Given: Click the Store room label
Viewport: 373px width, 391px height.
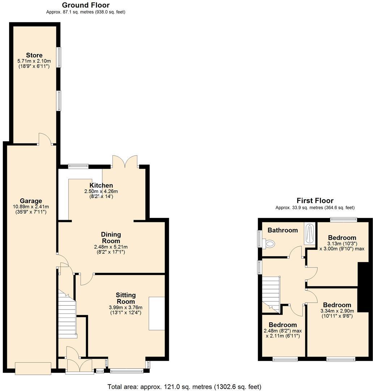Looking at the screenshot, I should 34,55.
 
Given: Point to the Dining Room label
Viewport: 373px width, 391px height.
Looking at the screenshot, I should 111,237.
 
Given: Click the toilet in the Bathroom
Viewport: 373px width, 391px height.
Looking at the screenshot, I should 269,244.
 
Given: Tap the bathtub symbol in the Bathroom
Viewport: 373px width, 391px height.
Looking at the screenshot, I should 309,234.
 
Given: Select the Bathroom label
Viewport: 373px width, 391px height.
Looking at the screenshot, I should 282,230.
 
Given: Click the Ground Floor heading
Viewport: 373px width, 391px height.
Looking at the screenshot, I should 86,5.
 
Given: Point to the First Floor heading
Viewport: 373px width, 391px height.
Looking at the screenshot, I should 315,201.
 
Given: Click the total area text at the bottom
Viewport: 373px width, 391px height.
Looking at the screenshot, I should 184,386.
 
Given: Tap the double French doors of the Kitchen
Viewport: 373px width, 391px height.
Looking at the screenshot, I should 125,161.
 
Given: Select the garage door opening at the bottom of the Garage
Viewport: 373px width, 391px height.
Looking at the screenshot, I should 33,368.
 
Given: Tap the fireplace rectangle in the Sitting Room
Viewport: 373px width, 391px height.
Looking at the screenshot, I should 157,314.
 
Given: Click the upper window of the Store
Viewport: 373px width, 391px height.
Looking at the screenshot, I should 59,57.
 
